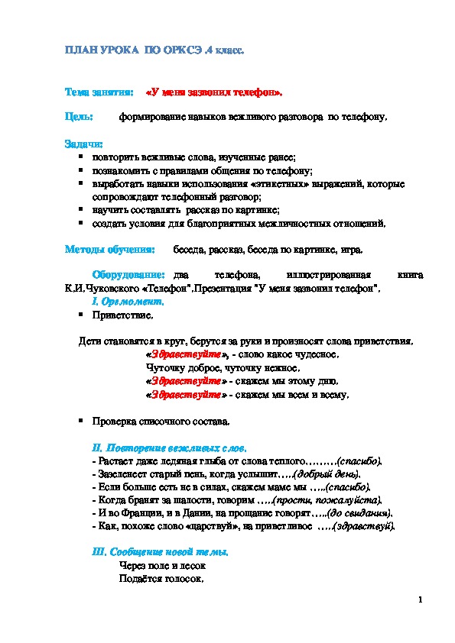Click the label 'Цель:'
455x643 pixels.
(x=79, y=118)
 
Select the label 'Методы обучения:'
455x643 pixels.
(x=110, y=249)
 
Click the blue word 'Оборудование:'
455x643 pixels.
(x=128, y=274)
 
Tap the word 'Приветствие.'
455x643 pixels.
(x=122, y=314)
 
